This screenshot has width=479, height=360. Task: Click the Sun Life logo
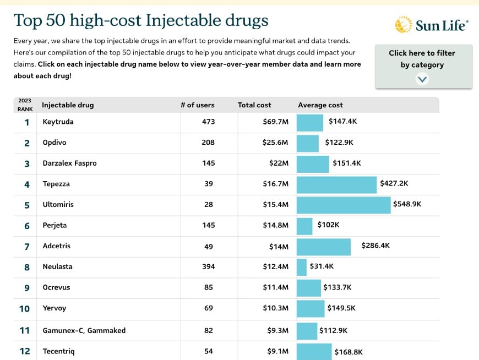pyautogui.click(x=432, y=25)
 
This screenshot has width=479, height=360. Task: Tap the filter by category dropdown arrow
pyautogui.click(x=422, y=79)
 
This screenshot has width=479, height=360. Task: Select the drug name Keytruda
pyautogui.click(x=58, y=122)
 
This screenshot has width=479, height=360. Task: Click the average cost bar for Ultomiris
pyautogui.click(x=344, y=205)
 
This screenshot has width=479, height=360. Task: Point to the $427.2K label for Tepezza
pyautogui.click(x=394, y=183)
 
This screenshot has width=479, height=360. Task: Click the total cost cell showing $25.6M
pyautogui.click(x=275, y=143)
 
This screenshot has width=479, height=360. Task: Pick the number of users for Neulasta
pyautogui.click(x=208, y=267)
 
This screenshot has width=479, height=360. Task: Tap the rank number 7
pyautogui.click(x=26, y=247)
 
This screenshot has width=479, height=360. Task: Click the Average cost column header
pyautogui.click(x=320, y=105)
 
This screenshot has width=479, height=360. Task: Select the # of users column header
pyautogui.click(x=197, y=105)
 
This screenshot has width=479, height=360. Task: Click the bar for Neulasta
pyautogui.click(x=302, y=267)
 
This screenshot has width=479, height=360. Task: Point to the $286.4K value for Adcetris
pyautogui.click(x=375, y=246)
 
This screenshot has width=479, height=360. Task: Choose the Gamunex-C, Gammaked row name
pyautogui.click(x=84, y=331)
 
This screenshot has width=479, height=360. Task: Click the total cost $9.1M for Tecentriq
pyautogui.click(x=276, y=351)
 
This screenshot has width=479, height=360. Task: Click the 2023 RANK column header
pyautogui.click(x=25, y=105)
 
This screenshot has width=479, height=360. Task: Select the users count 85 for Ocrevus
pyautogui.click(x=208, y=287)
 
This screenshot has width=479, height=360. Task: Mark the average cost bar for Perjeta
pyautogui.click(x=304, y=226)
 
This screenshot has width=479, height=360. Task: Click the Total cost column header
pyautogui.click(x=254, y=105)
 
